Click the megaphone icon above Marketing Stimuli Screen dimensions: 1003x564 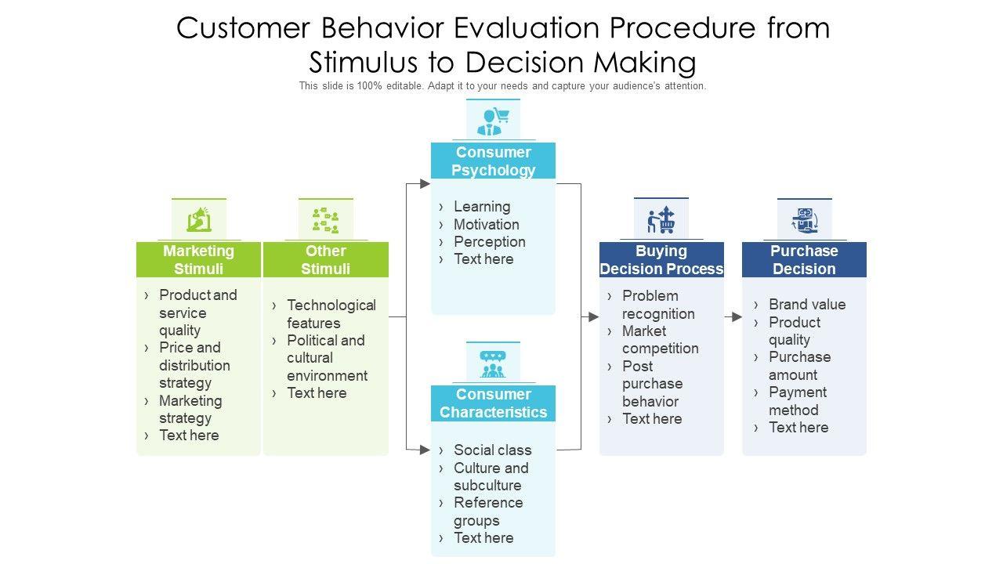[199, 219]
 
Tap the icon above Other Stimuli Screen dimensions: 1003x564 [325, 220]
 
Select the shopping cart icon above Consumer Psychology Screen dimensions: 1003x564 [493, 121]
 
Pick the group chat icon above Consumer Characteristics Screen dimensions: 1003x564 [493, 364]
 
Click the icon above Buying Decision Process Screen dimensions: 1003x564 [661, 219]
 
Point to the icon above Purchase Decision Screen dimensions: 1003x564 [805, 220]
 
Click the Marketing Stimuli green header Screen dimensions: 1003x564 [198, 259]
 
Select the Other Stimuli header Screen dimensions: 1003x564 [325, 259]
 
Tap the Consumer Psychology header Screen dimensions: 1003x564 [493, 161]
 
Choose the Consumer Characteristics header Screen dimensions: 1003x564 [493, 403]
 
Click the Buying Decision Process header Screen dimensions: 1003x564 [661, 259]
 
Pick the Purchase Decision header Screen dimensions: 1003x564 [804, 259]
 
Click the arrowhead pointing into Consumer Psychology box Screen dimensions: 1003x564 [425, 183]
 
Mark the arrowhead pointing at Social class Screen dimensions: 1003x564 [425, 450]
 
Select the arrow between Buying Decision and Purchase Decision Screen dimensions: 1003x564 [733, 317]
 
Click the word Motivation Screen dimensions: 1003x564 [487, 224]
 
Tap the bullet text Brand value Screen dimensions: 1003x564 [807, 305]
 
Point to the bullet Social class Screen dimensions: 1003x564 [493, 450]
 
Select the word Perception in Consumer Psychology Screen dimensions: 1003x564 [490, 242]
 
